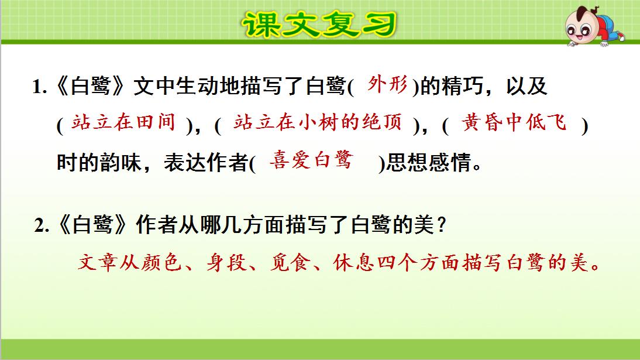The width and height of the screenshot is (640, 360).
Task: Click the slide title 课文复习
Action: pyautogui.click(x=319, y=25)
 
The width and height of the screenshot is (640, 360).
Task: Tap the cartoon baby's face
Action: pyautogui.click(x=586, y=26)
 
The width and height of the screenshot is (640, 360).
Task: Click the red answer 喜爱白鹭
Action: pyautogui.click(x=311, y=160)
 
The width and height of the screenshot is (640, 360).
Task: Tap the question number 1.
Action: pyautogui.click(x=39, y=88)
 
